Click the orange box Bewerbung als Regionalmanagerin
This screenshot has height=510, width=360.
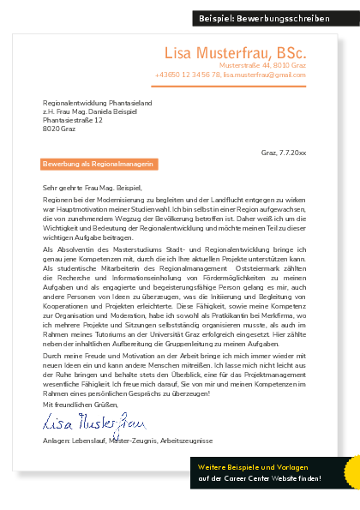point(99,163)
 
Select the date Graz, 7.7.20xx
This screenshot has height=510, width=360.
point(283,152)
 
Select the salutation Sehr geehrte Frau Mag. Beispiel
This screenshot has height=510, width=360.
point(90,186)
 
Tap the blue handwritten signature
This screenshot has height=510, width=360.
point(94,421)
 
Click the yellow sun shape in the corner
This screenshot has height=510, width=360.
point(351,472)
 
